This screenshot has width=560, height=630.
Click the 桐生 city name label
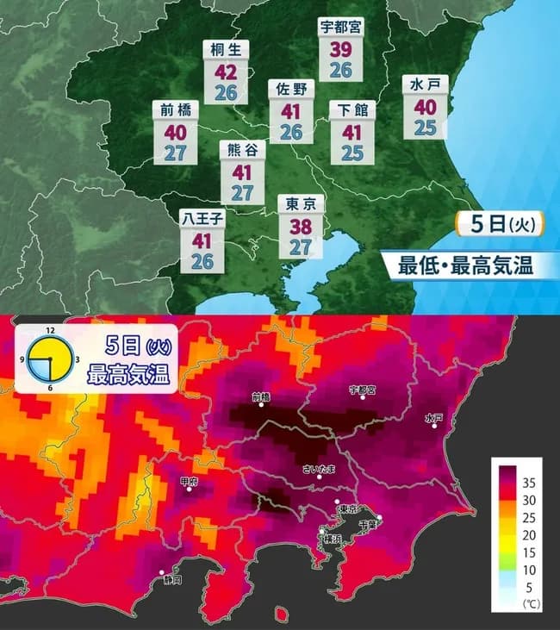225,50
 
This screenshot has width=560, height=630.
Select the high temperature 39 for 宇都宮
340,49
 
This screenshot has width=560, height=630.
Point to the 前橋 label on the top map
175,109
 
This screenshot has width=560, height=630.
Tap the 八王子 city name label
202,218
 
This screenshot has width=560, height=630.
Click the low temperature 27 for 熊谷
242,192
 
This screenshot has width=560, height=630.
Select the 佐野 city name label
291,89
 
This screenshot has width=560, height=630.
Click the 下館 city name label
352,109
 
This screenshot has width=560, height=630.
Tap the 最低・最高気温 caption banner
464,265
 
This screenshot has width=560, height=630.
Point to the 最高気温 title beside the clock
128,375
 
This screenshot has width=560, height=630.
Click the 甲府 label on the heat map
190,482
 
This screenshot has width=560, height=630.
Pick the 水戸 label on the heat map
434,418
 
